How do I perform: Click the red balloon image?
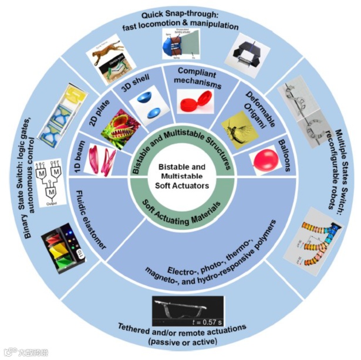pos(267,159)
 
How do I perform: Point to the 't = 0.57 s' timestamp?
pos(205,321)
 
